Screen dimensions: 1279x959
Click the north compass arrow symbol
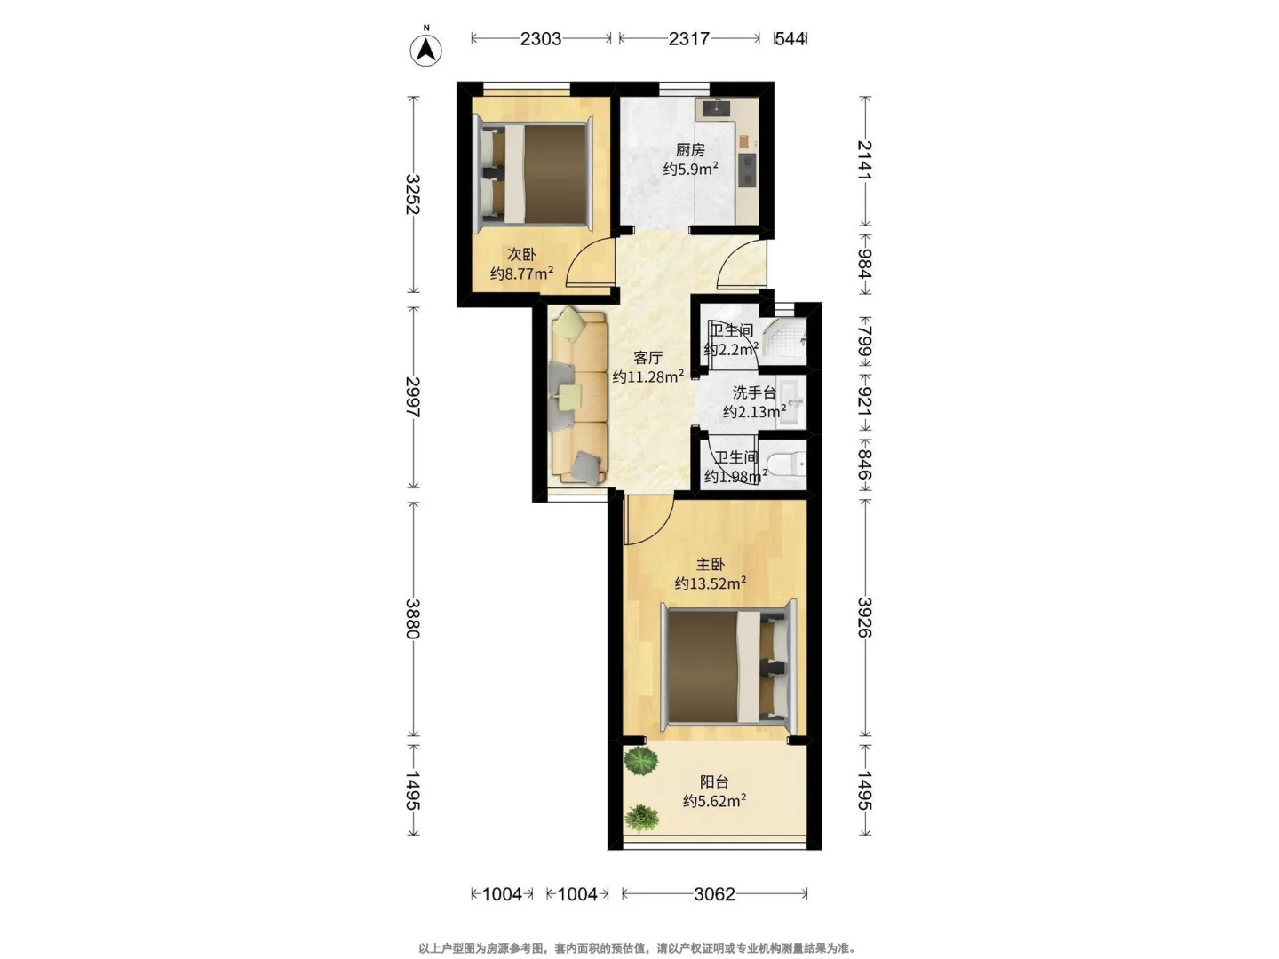tap(425, 50)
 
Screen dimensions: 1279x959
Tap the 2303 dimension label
tap(540, 39)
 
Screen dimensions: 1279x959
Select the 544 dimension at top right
tap(790, 39)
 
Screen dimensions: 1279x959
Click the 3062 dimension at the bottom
tap(714, 894)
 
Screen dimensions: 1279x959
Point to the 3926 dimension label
tap(864, 617)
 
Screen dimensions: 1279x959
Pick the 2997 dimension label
tap(412, 397)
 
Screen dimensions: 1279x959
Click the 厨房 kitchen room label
tap(690, 150)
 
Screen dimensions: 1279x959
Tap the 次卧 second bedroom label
tap(520, 255)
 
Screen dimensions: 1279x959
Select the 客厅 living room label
tap(647, 358)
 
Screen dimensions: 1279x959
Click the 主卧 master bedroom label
tap(710, 564)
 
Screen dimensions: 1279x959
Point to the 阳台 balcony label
tap(714, 781)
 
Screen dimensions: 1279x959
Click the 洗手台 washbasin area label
tap(754, 392)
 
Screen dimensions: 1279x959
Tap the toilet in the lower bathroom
tap(786, 464)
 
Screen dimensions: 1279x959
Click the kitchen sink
tap(715, 108)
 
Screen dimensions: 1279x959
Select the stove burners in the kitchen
tap(746, 170)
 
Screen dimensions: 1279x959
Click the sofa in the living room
tap(578, 397)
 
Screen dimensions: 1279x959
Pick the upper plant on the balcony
tap(640, 760)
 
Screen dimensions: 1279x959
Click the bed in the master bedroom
tap(728, 665)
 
